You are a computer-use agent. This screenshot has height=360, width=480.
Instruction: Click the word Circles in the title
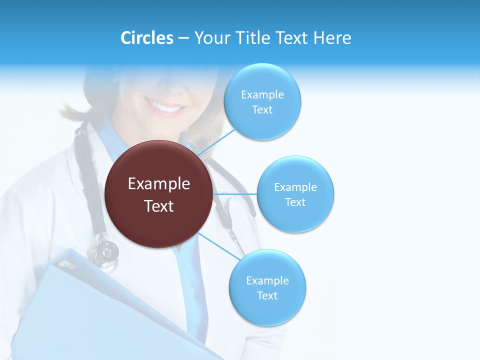146,38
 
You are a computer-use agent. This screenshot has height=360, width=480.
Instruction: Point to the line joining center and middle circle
235,193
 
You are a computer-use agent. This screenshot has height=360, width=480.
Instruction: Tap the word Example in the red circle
159,184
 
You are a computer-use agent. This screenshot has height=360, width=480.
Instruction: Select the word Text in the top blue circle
262,110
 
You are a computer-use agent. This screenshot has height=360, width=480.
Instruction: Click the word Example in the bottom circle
267,281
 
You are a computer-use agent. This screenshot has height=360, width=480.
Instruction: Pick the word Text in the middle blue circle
295,202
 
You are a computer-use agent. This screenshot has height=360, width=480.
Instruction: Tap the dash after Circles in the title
183,38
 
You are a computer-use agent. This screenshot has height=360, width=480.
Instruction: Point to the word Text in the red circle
159,206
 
